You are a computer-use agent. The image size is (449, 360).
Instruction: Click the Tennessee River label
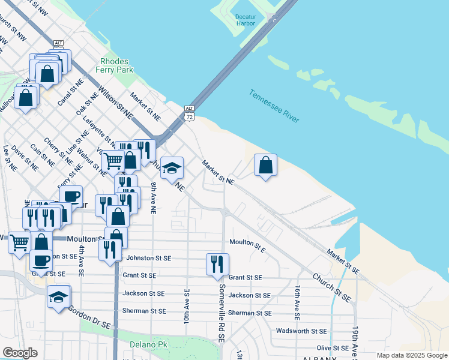point(274,107)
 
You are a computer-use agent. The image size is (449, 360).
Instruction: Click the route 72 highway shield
point(190,113)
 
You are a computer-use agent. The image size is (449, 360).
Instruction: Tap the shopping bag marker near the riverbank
point(265,165)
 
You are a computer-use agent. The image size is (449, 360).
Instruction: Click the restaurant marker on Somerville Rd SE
point(217,264)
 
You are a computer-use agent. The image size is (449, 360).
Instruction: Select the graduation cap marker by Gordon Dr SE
point(59,296)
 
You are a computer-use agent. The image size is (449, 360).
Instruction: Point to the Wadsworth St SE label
point(301,331)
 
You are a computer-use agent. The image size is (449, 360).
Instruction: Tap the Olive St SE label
point(332,348)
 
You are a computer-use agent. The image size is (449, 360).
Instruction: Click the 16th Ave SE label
point(297,302)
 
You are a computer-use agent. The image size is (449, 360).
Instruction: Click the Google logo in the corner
point(20,353)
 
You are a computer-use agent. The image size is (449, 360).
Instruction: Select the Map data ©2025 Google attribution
point(411,355)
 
